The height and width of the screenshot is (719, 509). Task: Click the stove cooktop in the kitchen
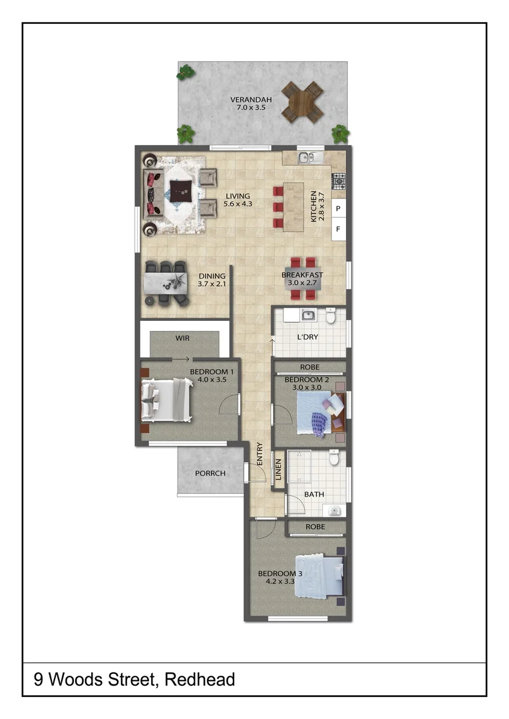point(339,179)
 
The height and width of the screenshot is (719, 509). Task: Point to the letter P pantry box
point(338,209)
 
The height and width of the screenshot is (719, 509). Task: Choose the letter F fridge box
point(338,230)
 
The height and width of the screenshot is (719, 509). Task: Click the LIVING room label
point(237,196)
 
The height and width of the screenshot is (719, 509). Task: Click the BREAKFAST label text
point(302,275)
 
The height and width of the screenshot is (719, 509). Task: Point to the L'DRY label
point(307,337)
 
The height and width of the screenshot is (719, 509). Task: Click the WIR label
point(183,338)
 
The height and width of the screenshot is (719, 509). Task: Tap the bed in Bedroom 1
point(166,399)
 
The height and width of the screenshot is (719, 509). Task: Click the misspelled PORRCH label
point(210,473)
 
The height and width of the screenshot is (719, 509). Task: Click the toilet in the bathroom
point(335,457)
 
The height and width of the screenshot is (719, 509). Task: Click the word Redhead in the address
point(200,680)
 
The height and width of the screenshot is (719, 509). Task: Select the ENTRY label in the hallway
point(259,454)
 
